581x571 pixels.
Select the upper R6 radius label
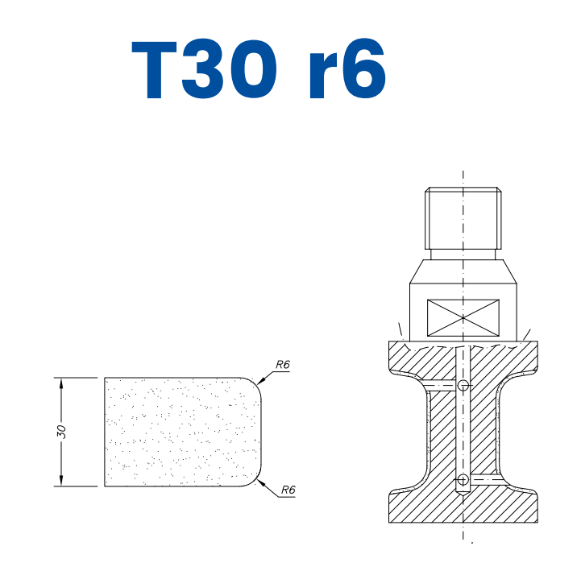(x=282, y=365)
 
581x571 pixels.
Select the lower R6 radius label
(x=288, y=490)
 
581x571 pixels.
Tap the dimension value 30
(x=61, y=432)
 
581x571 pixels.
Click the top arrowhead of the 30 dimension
(x=61, y=382)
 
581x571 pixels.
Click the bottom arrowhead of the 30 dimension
(x=61, y=482)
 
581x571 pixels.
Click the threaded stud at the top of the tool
(x=463, y=217)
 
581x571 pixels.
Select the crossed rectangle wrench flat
(x=463, y=316)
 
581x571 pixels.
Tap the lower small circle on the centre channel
(x=463, y=481)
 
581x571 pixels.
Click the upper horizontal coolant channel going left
(x=439, y=387)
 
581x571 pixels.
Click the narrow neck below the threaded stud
(x=463, y=254)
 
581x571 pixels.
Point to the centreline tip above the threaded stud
(x=463, y=173)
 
